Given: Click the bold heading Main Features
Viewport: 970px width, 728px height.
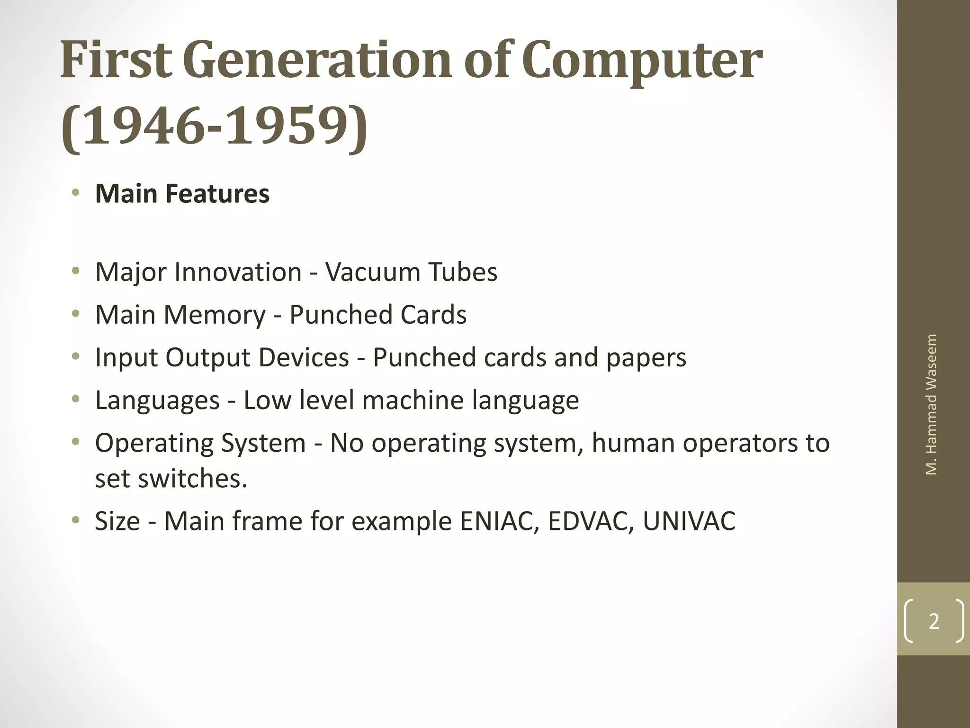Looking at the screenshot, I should tap(182, 194).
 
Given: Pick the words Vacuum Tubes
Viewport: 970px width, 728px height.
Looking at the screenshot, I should tap(411, 272).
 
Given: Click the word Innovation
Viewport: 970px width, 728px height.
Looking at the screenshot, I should tap(238, 272).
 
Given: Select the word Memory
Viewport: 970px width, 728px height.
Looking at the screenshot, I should tap(215, 315).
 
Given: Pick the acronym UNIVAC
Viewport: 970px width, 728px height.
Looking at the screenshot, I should tap(689, 521).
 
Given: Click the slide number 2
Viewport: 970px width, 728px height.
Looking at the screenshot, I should tap(934, 621).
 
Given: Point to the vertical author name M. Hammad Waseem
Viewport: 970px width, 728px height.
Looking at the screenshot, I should tap(931, 404).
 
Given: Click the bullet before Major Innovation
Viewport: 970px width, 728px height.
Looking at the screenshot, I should tap(75, 272).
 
